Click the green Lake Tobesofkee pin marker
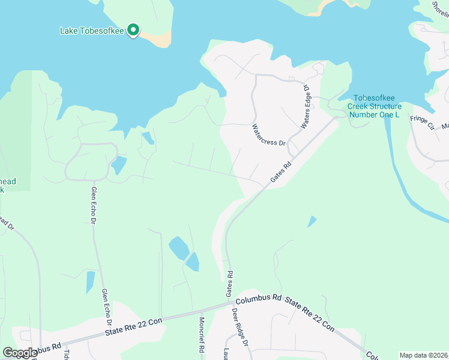pos(134,30)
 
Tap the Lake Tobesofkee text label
pos(93,31)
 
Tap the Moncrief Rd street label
pos(202,335)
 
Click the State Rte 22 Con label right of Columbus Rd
pos(309,314)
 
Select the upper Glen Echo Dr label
pos(94,205)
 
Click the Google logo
pos(20,353)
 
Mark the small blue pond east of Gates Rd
pos(311,221)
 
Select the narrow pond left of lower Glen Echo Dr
pos(90,282)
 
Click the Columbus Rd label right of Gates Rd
pos(259,298)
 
